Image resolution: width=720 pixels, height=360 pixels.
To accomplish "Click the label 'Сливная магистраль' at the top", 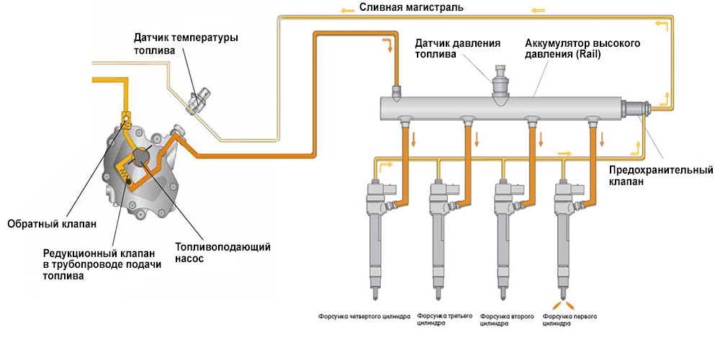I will tap(401, 8).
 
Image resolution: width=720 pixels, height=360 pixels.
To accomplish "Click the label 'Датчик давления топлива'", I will tap(457, 49).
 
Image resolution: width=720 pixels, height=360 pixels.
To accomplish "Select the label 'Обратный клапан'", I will tap(51, 223).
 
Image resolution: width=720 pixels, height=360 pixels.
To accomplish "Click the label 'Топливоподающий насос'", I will tap(223, 253).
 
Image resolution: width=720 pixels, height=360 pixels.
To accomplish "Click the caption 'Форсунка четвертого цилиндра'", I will tap(364, 316).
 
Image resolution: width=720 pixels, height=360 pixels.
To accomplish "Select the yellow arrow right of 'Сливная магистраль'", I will tap(538, 11).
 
